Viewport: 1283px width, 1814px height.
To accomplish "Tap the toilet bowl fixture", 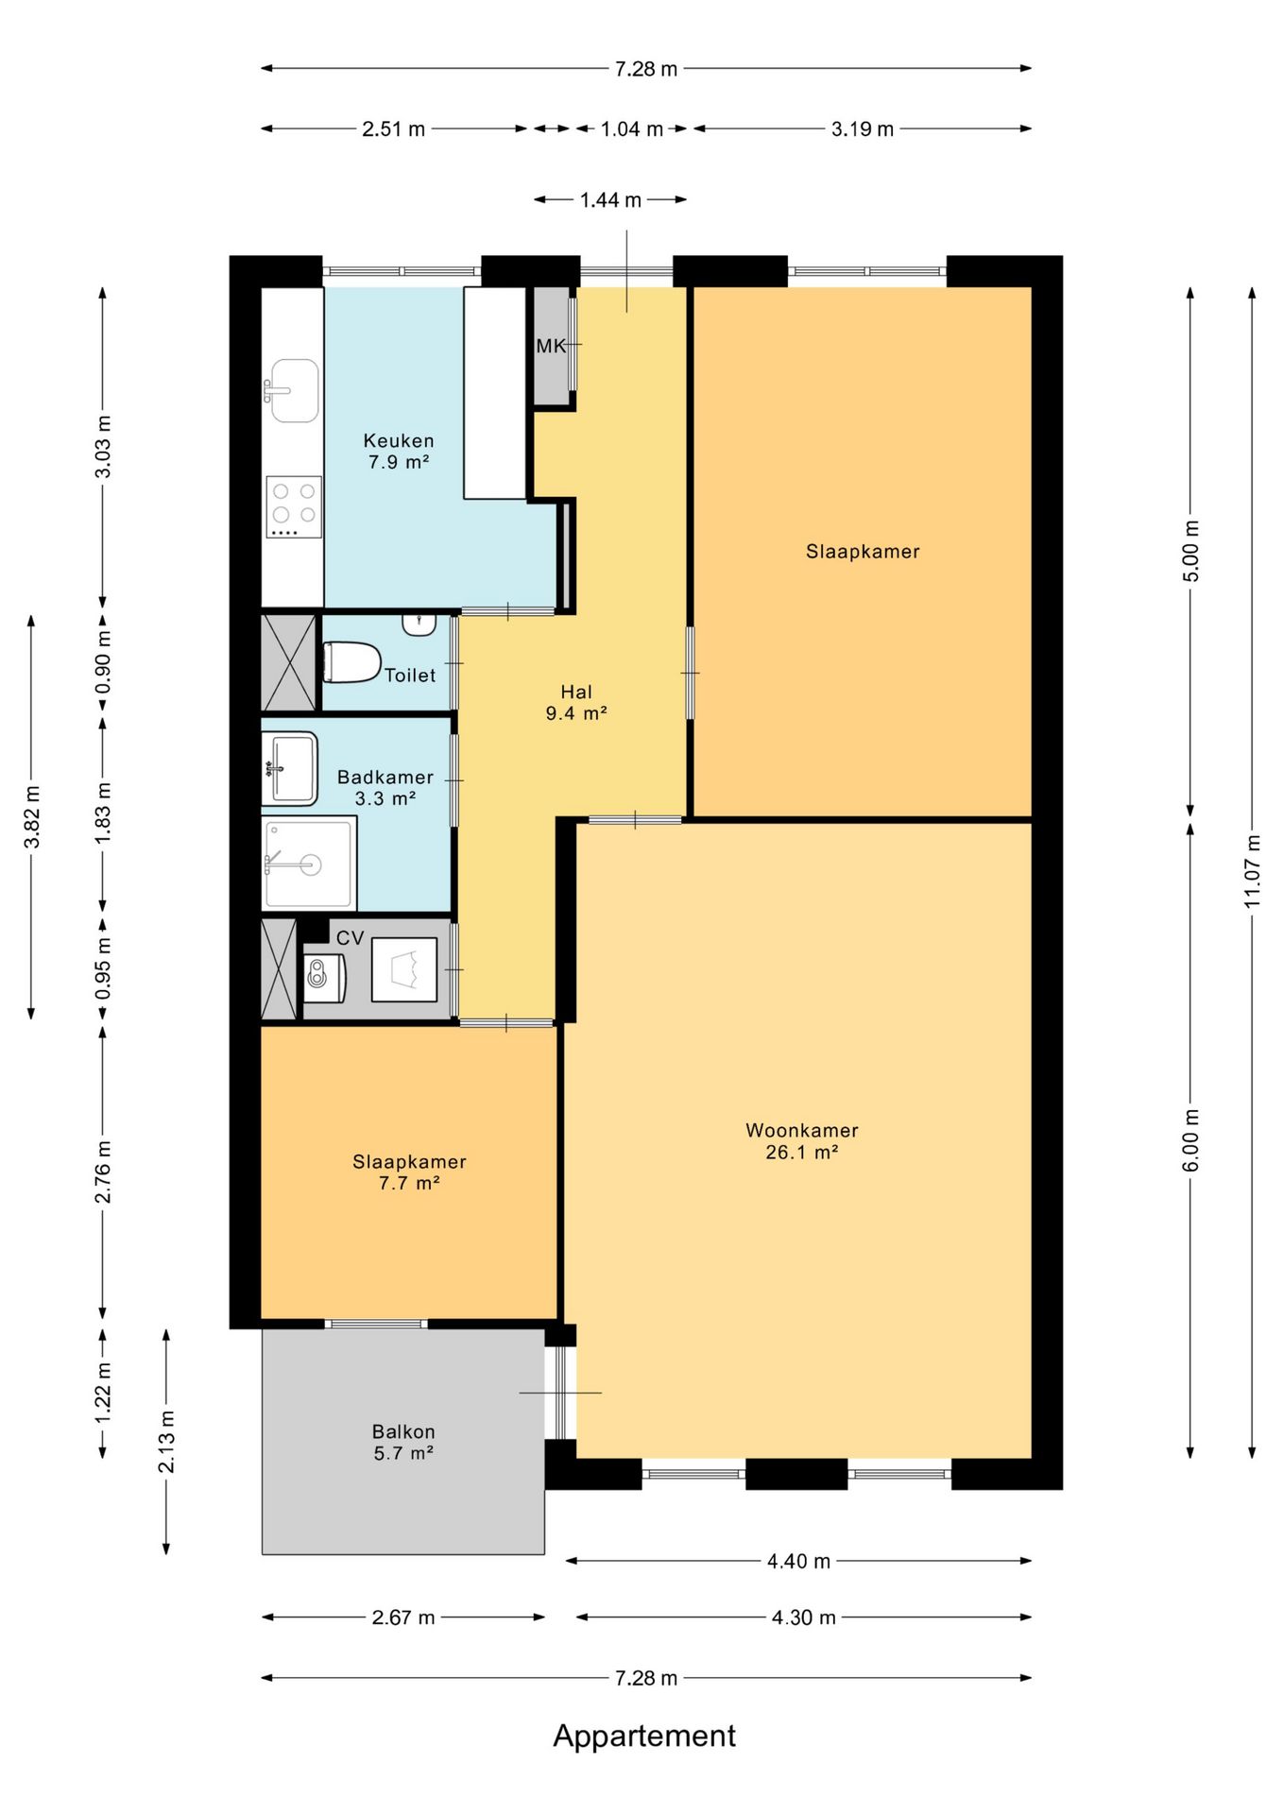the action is [351, 661].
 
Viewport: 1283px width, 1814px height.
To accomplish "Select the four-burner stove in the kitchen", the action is [294, 507].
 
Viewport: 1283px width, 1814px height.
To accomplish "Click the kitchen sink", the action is [294, 390].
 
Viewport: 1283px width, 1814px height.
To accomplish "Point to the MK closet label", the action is [551, 346].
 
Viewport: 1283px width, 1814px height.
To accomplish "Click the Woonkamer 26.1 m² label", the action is [802, 1140].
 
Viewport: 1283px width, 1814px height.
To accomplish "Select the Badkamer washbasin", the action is [289, 768].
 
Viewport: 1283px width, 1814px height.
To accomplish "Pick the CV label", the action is [350, 938].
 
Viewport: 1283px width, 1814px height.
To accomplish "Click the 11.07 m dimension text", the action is [1252, 870].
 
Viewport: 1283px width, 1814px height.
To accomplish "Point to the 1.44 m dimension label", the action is [610, 199].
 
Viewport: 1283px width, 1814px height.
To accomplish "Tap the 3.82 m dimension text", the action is [31, 817].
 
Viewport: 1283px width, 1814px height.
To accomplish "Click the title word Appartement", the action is [644, 1736].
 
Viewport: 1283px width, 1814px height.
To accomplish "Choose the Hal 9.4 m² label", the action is [576, 702].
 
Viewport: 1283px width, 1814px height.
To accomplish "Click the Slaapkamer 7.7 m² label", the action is [409, 1172].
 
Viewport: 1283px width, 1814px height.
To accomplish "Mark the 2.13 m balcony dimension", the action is [166, 1441].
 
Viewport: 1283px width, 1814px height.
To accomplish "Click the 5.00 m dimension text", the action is [1190, 551].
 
